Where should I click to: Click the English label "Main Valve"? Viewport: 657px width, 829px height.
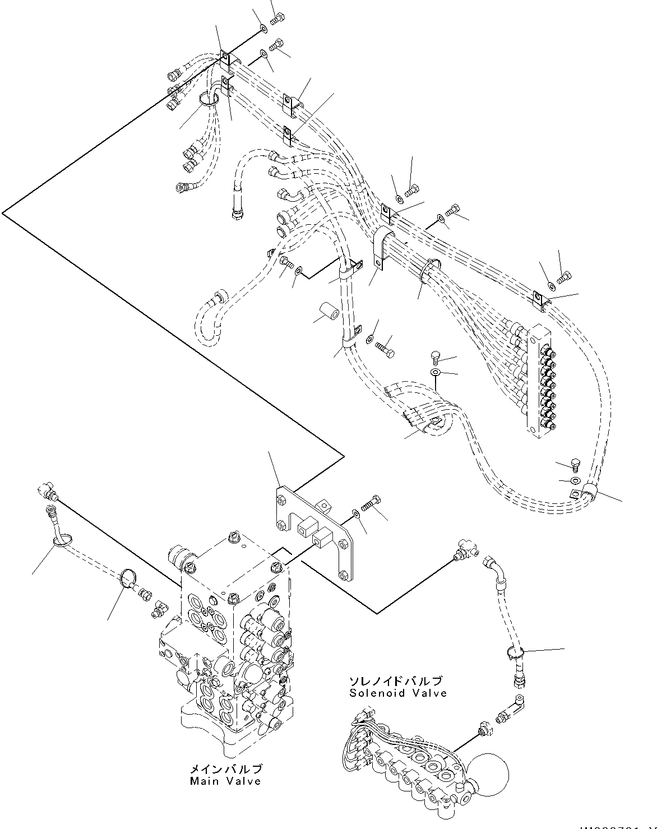pos(225,781)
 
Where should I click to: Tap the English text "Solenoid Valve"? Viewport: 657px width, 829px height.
pos(398,693)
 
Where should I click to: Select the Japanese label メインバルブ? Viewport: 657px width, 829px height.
pos(225,769)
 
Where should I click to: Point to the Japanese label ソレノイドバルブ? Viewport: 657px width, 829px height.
pos(396,681)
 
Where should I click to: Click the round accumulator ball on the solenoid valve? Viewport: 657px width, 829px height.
pos(490,772)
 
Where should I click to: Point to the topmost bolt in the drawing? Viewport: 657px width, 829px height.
pos(275,20)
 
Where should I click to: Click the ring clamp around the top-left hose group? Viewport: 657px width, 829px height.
pos(208,100)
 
